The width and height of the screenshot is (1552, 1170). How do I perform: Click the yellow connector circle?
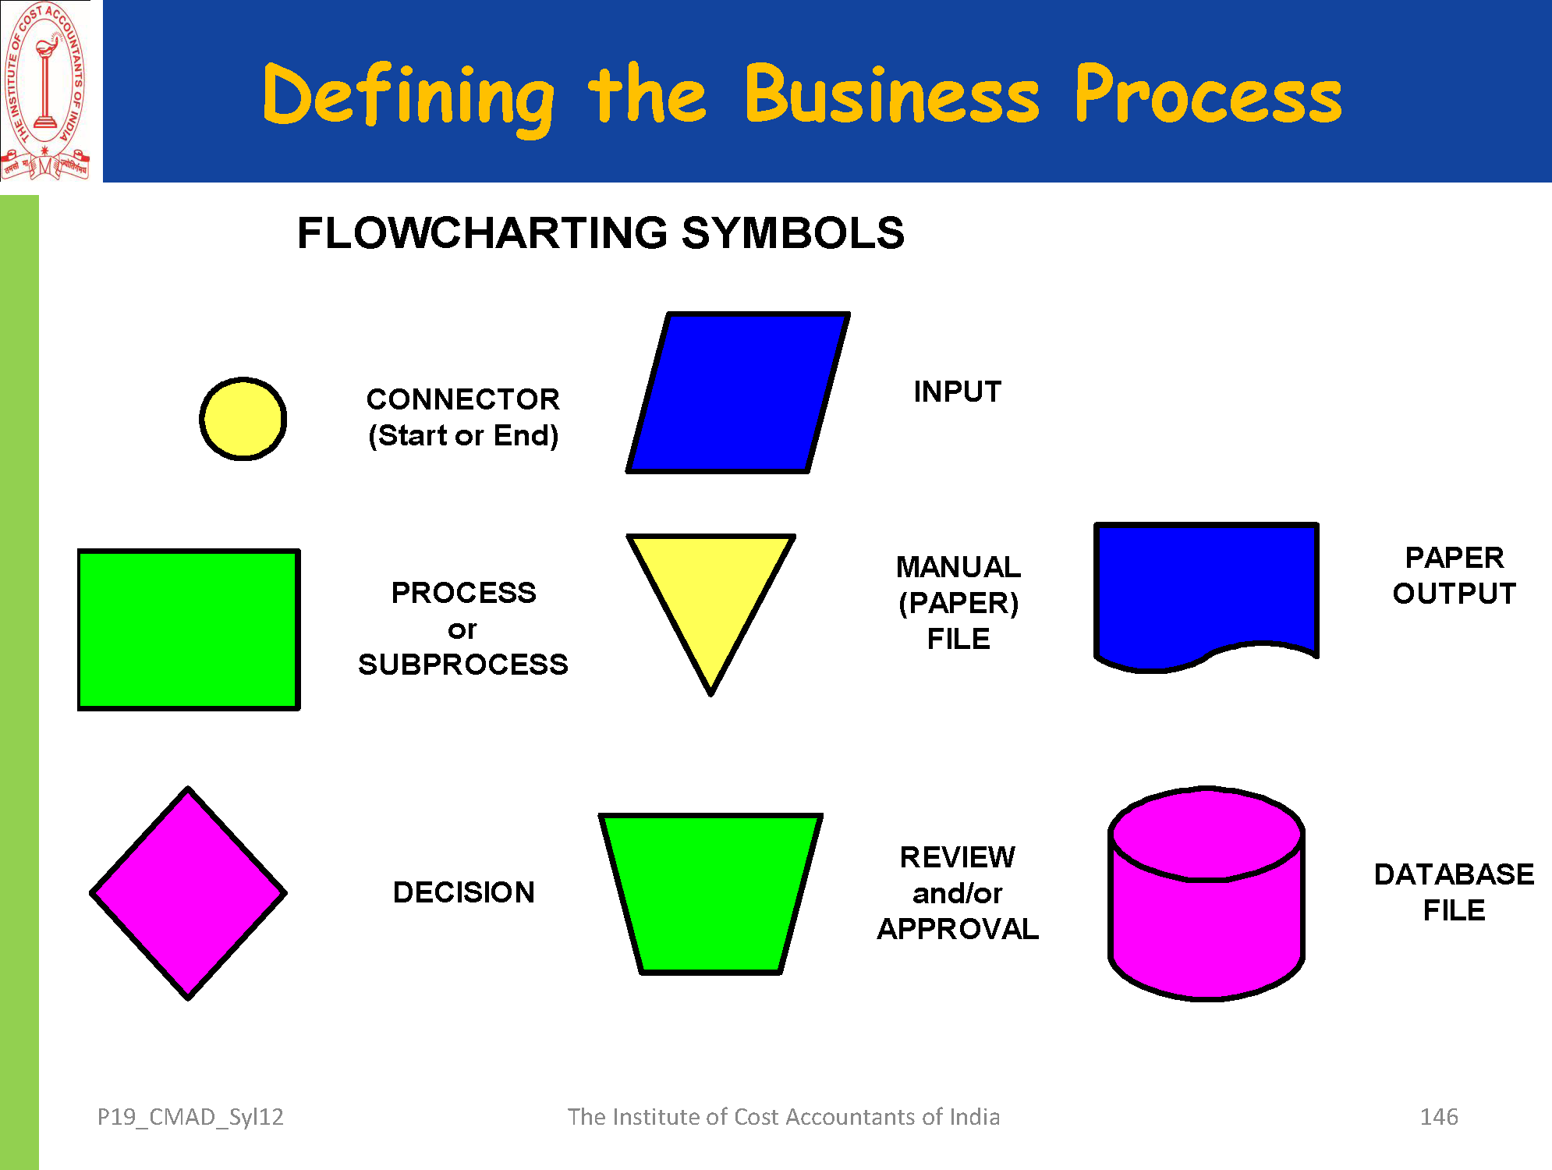click(x=243, y=419)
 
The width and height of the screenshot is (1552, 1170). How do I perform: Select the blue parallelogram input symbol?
click(x=738, y=393)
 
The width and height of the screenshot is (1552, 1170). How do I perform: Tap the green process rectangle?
click(x=189, y=629)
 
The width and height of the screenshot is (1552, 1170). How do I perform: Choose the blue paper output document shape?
click(x=1207, y=590)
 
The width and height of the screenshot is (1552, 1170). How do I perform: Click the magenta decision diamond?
click(x=189, y=893)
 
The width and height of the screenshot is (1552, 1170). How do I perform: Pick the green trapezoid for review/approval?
click(x=710, y=893)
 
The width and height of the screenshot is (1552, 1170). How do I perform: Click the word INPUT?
click(x=958, y=392)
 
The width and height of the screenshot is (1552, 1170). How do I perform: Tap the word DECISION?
click(x=464, y=892)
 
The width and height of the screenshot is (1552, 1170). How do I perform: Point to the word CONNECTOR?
click(x=463, y=399)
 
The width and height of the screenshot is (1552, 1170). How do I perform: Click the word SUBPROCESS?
click(x=463, y=665)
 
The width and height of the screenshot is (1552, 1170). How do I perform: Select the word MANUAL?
click(x=958, y=567)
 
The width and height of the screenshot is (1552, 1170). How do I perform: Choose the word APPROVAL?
click(x=958, y=929)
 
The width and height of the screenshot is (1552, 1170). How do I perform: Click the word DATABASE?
click(x=1454, y=874)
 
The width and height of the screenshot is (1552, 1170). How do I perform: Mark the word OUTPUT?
click(x=1455, y=594)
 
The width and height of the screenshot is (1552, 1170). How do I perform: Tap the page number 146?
click(x=1439, y=1117)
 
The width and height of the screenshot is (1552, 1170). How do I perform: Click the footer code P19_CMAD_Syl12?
click(x=190, y=1117)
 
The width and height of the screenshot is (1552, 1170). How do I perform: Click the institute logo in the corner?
click(x=46, y=91)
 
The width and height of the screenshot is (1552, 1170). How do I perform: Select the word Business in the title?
click(x=891, y=96)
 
